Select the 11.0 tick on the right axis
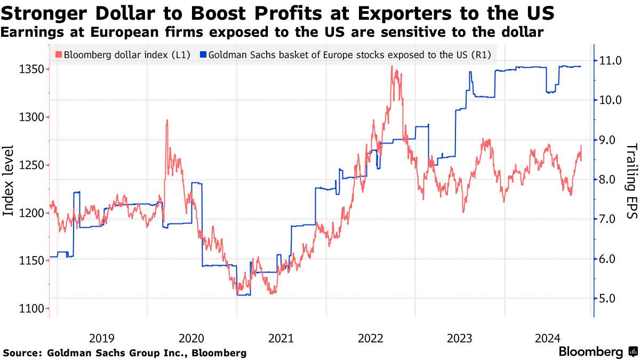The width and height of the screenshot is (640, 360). [x=611, y=60]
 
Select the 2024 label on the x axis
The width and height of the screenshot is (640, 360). [x=547, y=338]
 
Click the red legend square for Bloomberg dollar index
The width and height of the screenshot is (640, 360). [x=59, y=54]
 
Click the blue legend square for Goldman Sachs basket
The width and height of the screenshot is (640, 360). [x=203, y=54]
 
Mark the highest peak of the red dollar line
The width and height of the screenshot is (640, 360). [x=392, y=66]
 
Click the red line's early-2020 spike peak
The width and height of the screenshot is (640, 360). [x=167, y=120]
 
